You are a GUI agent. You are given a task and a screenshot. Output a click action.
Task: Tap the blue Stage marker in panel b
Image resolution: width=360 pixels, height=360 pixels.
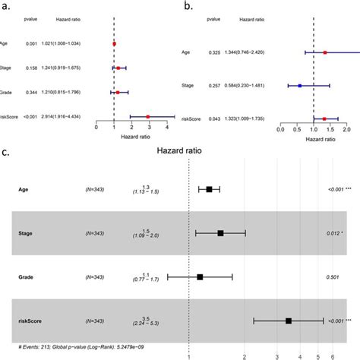coord(300,86)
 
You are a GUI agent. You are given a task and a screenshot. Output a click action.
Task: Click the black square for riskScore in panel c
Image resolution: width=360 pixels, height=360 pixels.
coord(289,321)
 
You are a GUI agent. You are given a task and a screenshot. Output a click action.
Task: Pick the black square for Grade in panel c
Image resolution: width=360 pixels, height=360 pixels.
coord(200,277)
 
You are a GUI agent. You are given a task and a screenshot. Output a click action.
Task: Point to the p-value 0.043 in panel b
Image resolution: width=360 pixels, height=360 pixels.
coord(236,119)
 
